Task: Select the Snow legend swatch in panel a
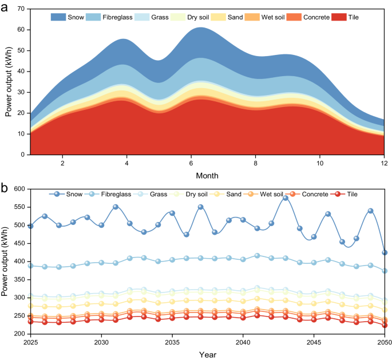click(x=58, y=17)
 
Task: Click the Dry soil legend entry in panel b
click(x=184, y=195)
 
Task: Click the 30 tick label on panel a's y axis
click(x=21, y=92)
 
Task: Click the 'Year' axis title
click(x=207, y=355)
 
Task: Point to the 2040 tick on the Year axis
click(x=243, y=342)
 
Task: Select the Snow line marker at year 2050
click(x=384, y=252)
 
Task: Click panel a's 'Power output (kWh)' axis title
click(x=8, y=82)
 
